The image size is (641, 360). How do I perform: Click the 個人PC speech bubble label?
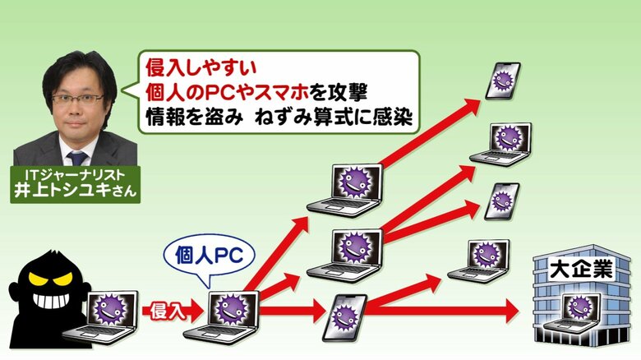click(209, 257)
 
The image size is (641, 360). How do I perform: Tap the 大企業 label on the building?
click(580, 270)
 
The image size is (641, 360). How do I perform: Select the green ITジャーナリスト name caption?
click(76, 184)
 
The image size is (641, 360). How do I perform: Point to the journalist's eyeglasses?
click(78, 99)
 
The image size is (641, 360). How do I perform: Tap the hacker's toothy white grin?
click(53, 300)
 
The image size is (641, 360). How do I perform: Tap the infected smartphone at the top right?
click(503, 81)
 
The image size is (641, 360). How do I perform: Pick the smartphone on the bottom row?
click(344, 318)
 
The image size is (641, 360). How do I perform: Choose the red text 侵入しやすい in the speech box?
click(201, 67)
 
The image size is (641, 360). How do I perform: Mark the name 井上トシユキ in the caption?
click(62, 191)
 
